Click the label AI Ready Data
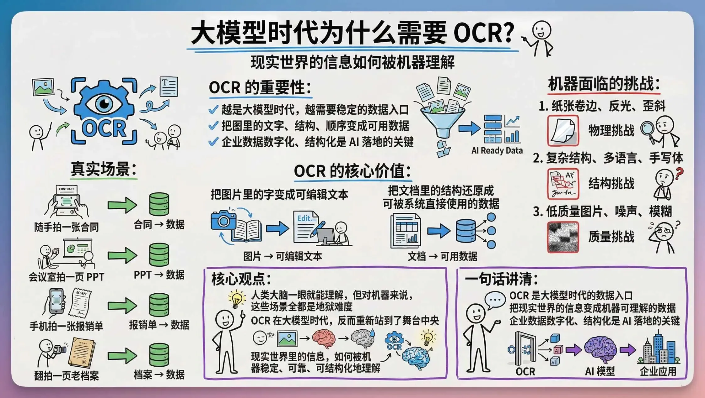pyautogui.click(x=497, y=151)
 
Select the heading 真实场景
pyautogui.click(x=104, y=169)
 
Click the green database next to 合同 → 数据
pyautogui.click(x=159, y=204)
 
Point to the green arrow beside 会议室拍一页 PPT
pyautogui.click(x=122, y=255)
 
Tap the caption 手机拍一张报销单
pyautogui.click(x=66, y=326)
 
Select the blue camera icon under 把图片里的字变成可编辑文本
pyautogui.click(x=223, y=220)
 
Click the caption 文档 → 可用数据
pyautogui.click(x=442, y=256)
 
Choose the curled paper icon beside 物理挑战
pyautogui.click(x=563, y=130)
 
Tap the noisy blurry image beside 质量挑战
pyautogui.click(x=563, y=237)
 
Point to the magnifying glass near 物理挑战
pyautogui.click(x=647, y=128)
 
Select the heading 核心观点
pyautogui.click(x=241, y=279)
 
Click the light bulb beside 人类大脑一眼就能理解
pyautogui.click(x=237, y=299)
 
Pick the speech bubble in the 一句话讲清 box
pyautogui.click(x=495, y=300)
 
